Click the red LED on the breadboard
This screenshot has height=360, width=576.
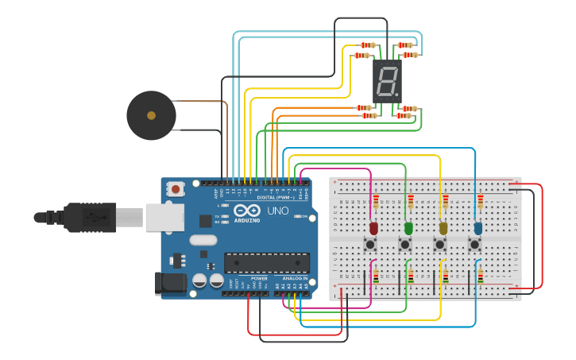point(374,228)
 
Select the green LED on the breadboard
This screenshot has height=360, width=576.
point(409,228)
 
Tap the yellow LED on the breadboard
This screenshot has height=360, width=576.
point(443,228)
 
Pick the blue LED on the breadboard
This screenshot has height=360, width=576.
point(477,228)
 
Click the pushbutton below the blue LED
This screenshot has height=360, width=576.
point(475,245)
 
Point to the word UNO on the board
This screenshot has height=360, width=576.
point(277,211)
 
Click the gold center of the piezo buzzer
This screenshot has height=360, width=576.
point(151,116)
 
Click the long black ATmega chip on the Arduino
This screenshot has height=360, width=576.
point(267,262)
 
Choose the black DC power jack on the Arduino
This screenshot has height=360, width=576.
point(169,282)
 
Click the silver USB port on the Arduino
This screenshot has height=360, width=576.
point(164,217)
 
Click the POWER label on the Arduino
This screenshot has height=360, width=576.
point(259,279)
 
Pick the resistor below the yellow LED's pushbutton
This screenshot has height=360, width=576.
point(445,277)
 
